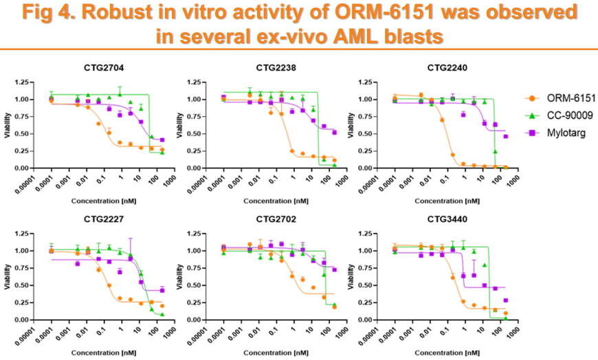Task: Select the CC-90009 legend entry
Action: point(557,116)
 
